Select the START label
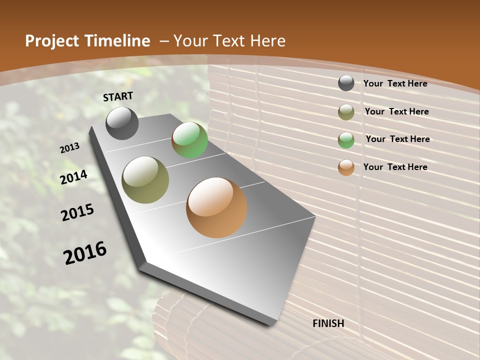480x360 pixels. (x=118, y=96)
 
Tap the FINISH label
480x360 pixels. (x=328, y=323)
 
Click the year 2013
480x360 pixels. (x=70, y=148)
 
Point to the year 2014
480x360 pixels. (x=74, y=177)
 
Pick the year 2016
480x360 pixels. (x=85, y=252)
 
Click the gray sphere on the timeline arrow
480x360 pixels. (x=122, y=123)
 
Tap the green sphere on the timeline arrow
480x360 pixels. (x=189, y=140)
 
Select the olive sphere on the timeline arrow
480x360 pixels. (x=145, y=180)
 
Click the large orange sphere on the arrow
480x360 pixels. (x=216, y=207)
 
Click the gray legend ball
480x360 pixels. (x=346, y=83)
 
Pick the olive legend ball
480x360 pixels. (x=346, y=112)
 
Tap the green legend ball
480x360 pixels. (x=346, y=140)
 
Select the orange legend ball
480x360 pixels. (x=346, y=167)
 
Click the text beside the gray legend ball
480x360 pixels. (x=395, y=83)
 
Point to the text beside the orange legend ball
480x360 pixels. (x=395, y=167)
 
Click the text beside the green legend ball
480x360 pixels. (x=397, y=139)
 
